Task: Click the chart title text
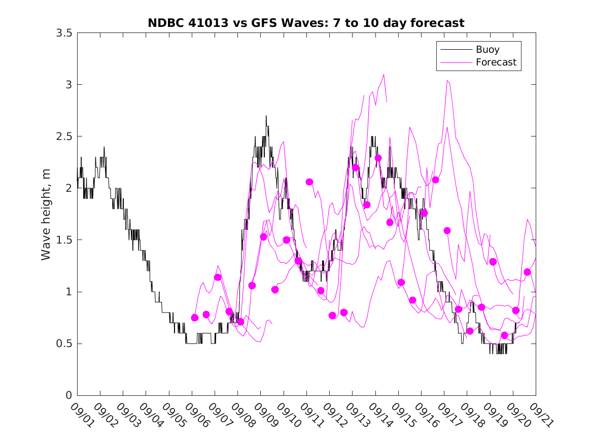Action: (306, 23)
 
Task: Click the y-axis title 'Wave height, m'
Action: (46, 214)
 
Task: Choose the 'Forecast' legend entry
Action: (496, 62)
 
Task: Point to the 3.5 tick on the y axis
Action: (64, 32)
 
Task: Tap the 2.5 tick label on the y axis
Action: (64, 136)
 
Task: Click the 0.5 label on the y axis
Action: (64, 344)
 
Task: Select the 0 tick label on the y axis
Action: (69, 396)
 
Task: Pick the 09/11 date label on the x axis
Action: (309, 415)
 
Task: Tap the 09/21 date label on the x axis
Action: (539, 415)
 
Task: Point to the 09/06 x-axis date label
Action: (195, 415)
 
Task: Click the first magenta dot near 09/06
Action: (195, 318)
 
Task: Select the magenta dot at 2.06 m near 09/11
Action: (309, 182)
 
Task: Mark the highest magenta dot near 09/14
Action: (378, 158)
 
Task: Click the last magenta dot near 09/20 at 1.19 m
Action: (527, 272)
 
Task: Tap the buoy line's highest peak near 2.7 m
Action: (266, 116)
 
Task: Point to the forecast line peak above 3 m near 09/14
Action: (384, 75)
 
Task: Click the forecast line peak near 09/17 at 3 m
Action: (447, 81)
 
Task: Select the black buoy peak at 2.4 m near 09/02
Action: (104, 147)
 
